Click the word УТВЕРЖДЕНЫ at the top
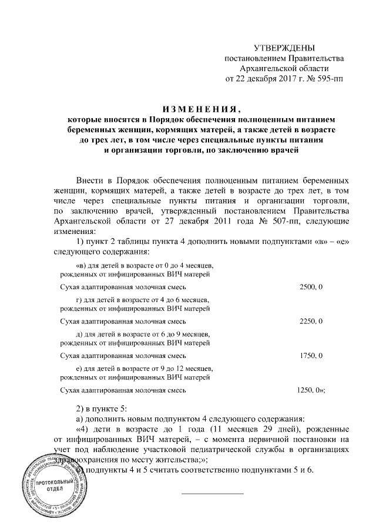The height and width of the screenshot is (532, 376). pos(284,48)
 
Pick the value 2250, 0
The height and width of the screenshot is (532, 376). pos(311,322)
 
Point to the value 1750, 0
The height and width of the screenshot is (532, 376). pos(311,356)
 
